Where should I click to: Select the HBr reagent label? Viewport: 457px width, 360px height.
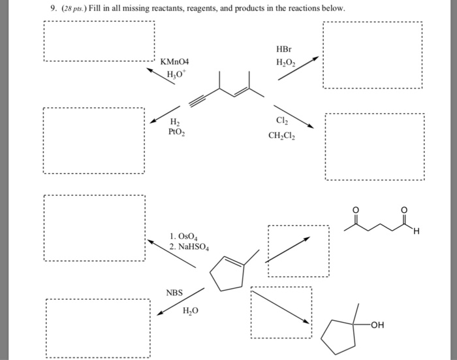285,50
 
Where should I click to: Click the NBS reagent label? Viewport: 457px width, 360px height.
175,293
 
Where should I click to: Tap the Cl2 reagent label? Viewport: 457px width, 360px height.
282,121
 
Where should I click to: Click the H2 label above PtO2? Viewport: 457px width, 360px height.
174,121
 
